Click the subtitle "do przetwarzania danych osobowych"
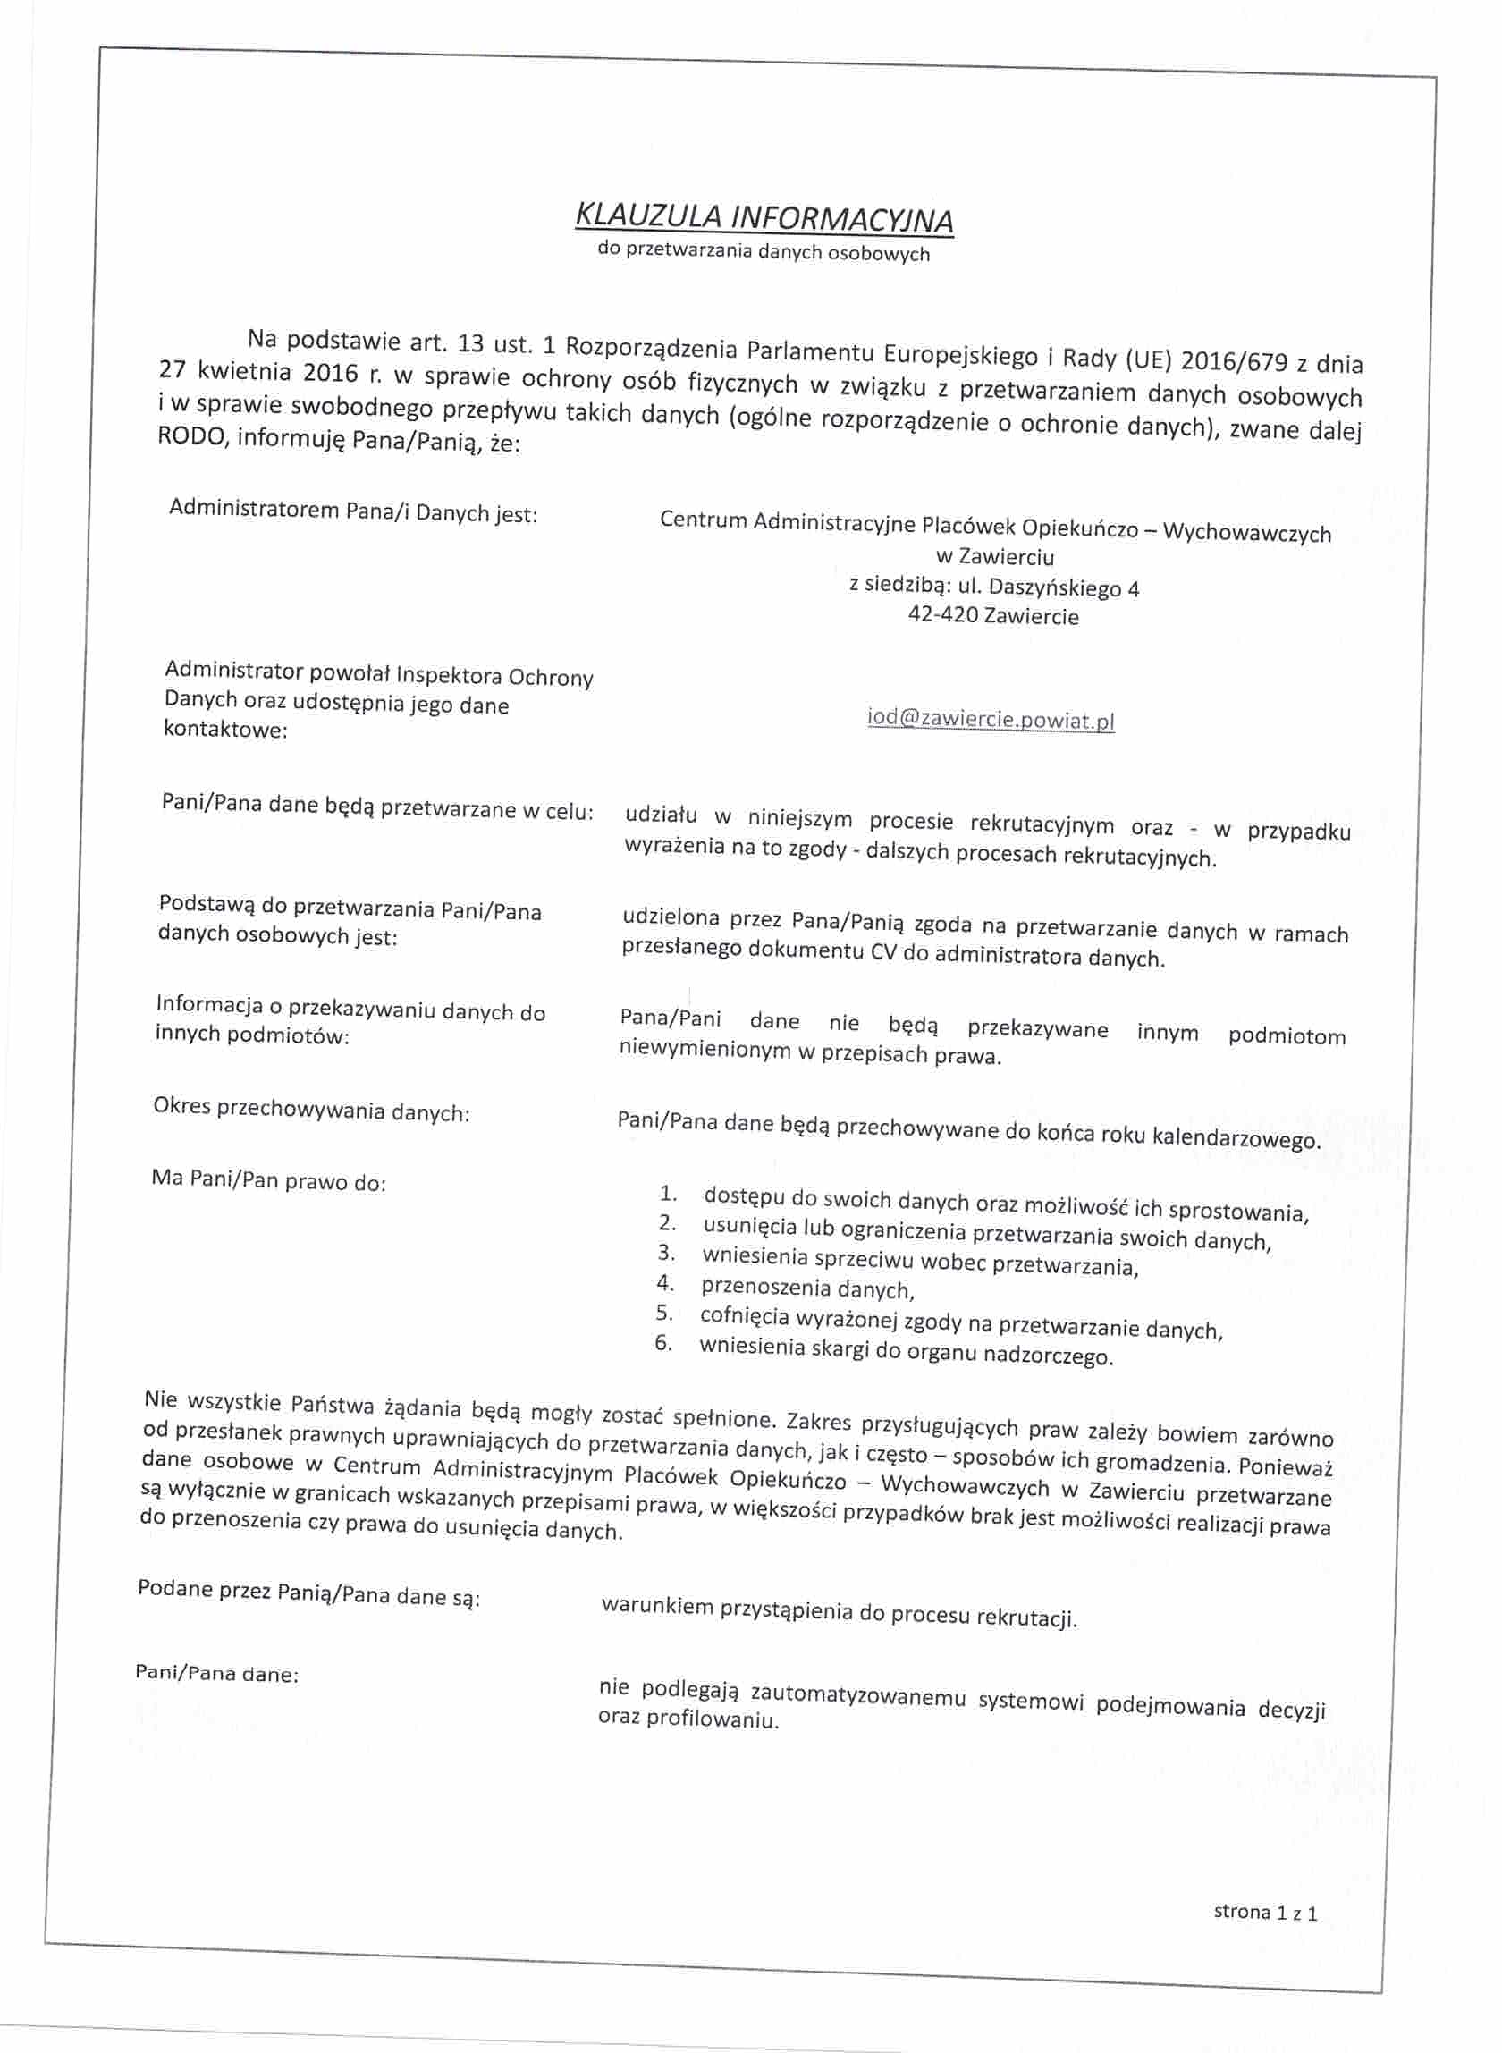coord(764,252)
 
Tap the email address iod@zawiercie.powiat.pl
coord(991,719)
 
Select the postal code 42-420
coord(941,614)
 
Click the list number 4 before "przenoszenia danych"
coord(664,1283)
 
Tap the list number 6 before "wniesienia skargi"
coord(662,1343)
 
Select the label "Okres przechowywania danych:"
coord(311,1111)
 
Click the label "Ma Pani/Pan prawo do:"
coord(268,1181)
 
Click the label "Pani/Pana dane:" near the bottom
coord(216,1673)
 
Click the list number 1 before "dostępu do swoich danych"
coord(668,1193)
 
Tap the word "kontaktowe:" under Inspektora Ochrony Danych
coord(224,729)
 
